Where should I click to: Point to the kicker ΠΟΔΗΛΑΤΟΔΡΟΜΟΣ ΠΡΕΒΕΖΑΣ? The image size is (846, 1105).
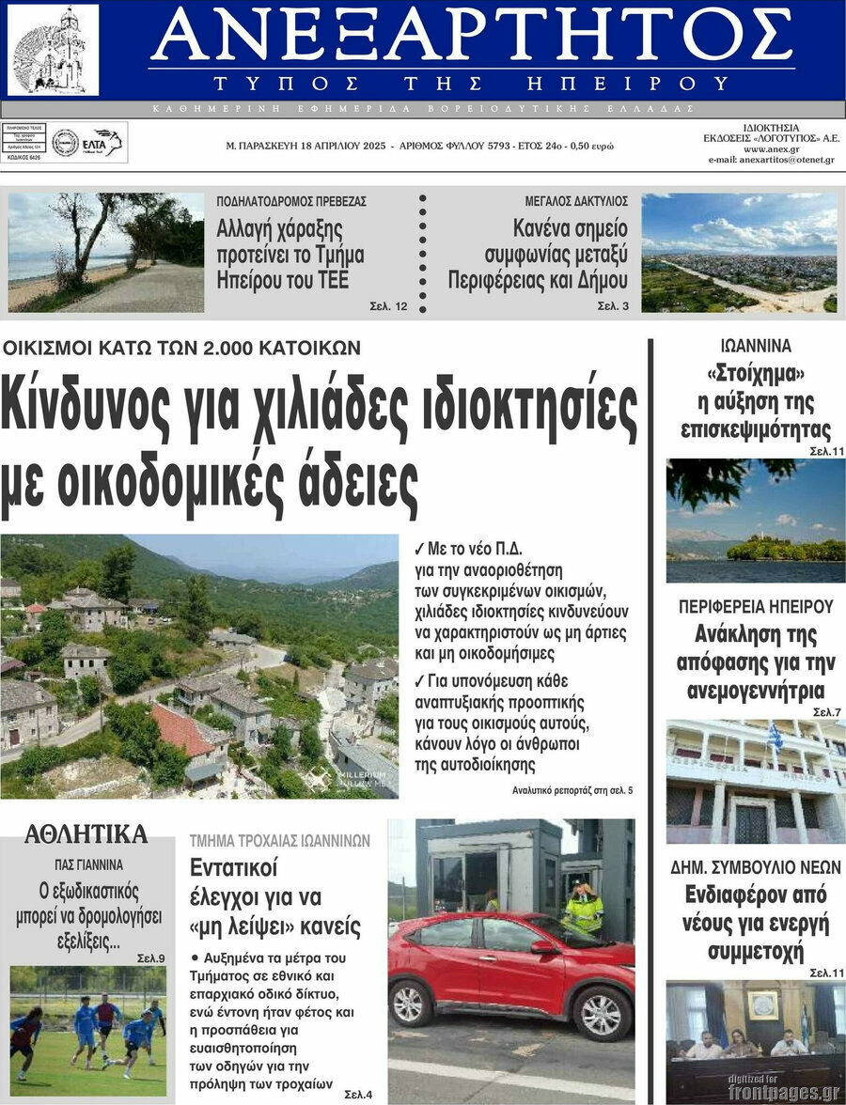tap(291, 201)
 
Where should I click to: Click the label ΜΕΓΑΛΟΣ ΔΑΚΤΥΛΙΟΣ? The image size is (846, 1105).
tap(576, 201)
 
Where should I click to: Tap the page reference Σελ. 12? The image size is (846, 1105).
tap(388, 305)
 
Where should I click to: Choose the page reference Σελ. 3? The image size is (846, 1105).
tap(613, 305)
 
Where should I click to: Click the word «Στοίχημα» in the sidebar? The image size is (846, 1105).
tap(756, 374)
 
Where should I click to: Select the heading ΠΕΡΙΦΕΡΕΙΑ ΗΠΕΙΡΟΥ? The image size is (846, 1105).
tap(756, 606)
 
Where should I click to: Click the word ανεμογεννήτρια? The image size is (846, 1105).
tap(756, 693)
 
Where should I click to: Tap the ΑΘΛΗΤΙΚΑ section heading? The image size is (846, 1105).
tap(86, 833)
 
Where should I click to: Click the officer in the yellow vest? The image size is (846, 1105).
tap(584, 908)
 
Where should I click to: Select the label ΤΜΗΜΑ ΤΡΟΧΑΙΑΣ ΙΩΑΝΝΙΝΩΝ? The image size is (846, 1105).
tap(280, 840)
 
